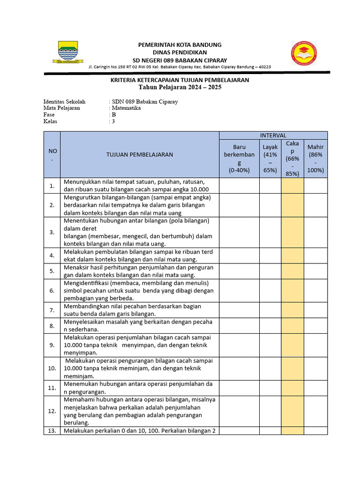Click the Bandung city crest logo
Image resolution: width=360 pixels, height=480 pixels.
(x=71, y=52)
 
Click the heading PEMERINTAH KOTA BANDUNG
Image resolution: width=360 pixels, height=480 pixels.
(x=180, y=45)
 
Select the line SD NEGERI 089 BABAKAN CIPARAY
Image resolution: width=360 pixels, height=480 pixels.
(x=180, y=60)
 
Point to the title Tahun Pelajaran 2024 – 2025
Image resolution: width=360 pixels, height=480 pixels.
(x=180, y=87)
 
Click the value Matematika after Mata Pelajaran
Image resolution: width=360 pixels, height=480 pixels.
(x=126, y=108)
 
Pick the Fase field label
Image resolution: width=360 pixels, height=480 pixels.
(x=49, y=114)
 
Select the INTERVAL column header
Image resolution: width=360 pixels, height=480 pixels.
(x=273, y=135)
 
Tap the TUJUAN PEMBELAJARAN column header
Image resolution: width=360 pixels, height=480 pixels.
(x=140, y=154)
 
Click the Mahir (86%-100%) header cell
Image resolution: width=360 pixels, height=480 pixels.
(x=315, y=158)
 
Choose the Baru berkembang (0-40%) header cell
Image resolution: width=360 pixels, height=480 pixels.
(x=239, y=158)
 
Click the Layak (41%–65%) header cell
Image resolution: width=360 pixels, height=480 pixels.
(x=270, y=158)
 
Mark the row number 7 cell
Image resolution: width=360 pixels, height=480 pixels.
(x=52, y=310)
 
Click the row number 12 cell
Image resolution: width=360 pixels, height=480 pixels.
(x=52, y=411)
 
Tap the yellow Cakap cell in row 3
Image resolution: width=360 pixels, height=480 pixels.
(x=292, y=232)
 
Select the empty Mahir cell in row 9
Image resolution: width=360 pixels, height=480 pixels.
(x=315, y=345)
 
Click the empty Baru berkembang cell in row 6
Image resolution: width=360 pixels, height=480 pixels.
(x=239, y=291)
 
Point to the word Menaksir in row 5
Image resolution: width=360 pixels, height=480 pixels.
(x=76, y=267)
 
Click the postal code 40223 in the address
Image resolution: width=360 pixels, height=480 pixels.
(x=263, y=67)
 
